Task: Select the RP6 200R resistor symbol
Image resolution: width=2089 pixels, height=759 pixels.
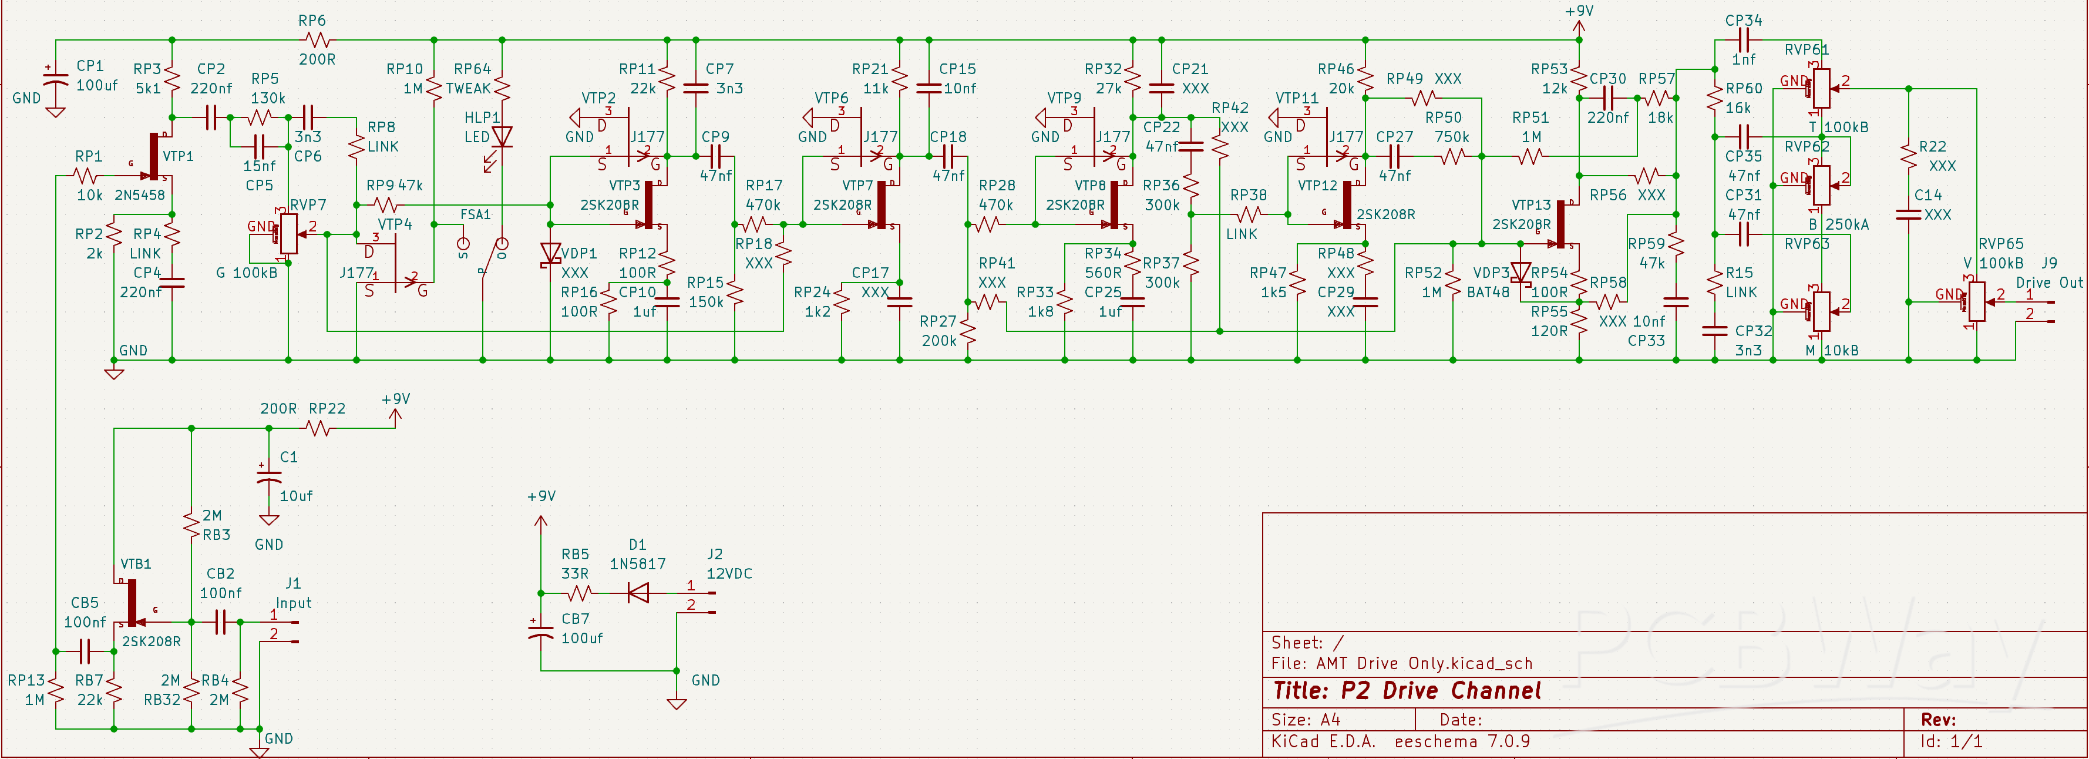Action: (x=317, y=39)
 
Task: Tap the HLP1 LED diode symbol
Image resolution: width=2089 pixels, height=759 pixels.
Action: (x=502, y=136)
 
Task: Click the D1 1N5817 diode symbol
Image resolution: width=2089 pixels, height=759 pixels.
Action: (x=638, y=593)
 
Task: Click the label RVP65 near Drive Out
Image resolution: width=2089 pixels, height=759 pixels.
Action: (x=2000, y=243)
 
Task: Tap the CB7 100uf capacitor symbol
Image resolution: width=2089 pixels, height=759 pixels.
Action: (x=541, y=632)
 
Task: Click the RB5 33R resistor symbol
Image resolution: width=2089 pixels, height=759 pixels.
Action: (x=579, y=593)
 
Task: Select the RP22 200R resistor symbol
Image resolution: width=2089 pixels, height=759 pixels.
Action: (x=319, y=427)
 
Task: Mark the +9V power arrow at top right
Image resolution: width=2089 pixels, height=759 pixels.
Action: (x=1578, y=28)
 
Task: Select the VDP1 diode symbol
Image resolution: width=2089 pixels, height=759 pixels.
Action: (x=551, y=254)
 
